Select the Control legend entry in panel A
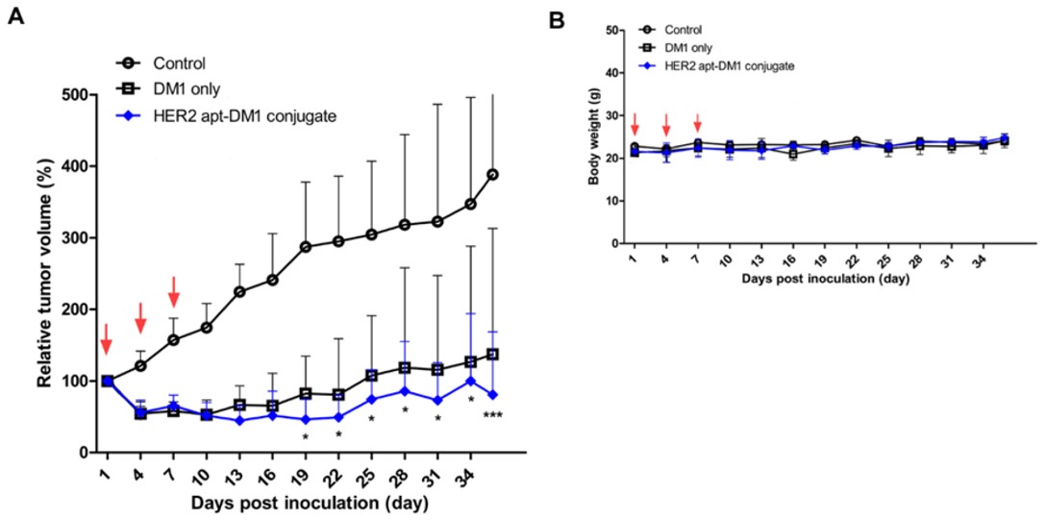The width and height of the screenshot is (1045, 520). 179,64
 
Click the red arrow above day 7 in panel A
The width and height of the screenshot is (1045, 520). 174,290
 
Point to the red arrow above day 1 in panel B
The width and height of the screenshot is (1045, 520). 634,124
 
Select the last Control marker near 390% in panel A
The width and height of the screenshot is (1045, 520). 492,174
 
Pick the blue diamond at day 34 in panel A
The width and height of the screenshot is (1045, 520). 471,382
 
